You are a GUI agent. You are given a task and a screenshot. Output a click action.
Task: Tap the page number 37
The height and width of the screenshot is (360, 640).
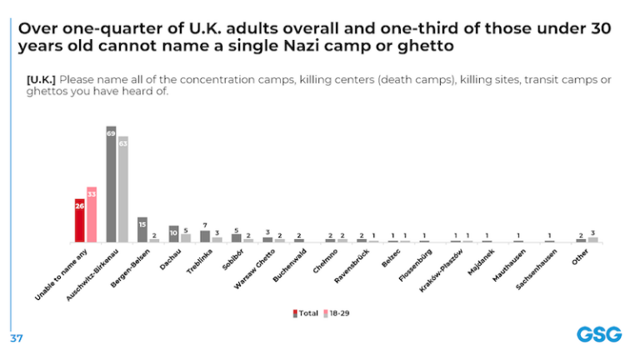point(16,339)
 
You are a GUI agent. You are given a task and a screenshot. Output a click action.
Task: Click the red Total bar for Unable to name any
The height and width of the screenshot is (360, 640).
point(80,221)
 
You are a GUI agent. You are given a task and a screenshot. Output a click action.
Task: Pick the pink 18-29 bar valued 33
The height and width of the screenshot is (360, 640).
point(92,215)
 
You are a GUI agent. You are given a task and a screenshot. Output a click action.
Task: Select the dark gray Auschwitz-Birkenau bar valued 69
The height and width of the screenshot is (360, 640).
point(111,184)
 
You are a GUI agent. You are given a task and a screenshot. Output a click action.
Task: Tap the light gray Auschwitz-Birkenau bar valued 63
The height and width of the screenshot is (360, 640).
point(123,189)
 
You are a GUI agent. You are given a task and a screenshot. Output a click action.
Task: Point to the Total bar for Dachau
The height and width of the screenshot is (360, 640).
point(174,234)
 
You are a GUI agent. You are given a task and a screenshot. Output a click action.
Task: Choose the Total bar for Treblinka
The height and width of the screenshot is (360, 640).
point(205,236)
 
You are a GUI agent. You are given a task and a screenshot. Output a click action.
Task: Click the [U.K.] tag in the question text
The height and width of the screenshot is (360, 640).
point(40,78)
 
